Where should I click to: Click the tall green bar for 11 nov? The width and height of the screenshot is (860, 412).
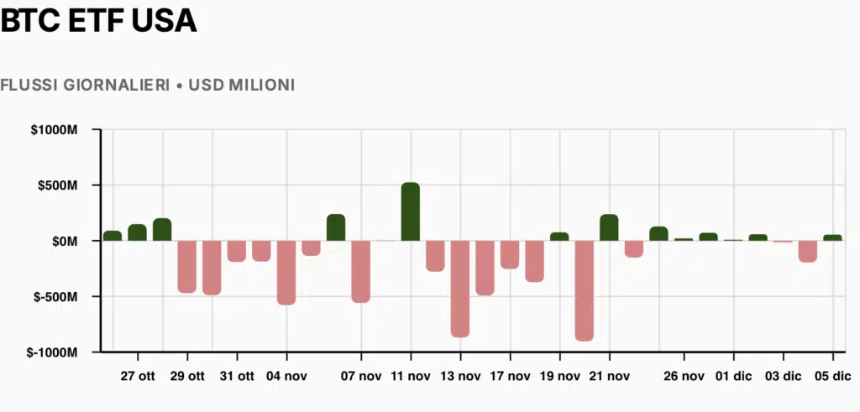point(411,211)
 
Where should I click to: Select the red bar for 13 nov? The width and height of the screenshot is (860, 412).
point(460,289)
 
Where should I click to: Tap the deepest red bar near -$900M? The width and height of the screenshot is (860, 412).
point(584,290)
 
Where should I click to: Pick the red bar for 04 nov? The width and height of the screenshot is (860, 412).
point(286,273)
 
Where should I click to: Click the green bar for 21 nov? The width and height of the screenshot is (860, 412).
point(609,227)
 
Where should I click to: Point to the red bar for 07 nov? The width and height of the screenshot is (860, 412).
point(361,272)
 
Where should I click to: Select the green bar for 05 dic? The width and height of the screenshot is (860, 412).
point(832,237)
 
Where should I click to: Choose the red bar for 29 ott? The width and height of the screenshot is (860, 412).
point(187,267)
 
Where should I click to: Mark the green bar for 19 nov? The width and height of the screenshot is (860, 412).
point(559,237)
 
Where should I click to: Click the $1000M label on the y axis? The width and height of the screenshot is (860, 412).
point(55,130)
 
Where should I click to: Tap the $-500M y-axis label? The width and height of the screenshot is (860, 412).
point(56,297)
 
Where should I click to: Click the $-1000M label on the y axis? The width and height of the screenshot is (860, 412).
point(53,352)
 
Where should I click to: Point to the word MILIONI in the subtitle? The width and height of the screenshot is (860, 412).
point(260,86)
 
